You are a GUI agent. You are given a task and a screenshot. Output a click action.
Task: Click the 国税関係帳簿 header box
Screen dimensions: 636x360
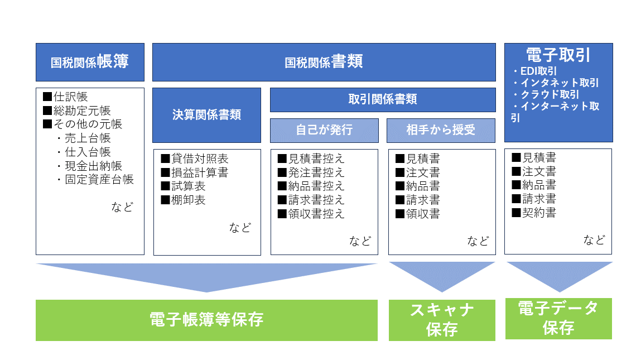90,62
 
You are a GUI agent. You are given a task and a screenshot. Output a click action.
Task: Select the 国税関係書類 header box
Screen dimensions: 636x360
324,62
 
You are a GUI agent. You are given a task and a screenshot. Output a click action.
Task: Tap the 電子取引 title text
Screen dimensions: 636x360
558,55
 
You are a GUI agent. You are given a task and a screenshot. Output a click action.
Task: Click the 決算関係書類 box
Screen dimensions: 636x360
206,115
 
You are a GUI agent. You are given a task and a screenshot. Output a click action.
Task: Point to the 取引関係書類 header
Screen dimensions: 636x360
383,99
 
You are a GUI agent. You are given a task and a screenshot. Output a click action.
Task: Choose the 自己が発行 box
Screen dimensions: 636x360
324,130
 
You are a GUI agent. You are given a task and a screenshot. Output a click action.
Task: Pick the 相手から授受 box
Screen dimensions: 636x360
441,130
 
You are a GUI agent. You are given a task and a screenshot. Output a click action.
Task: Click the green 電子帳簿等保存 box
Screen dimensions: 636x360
206,320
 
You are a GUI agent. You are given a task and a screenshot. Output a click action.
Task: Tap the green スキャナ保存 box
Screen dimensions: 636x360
442,320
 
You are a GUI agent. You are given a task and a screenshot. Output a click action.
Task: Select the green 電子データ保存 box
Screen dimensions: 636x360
558,318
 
